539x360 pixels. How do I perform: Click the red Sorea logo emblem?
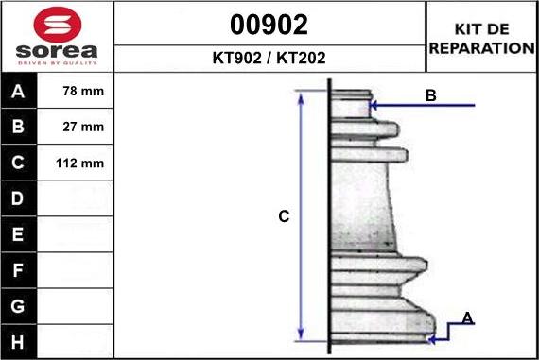point(58,25)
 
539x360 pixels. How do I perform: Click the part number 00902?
point(269,25)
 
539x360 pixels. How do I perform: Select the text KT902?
point(236,58)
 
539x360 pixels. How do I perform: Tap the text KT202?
point(301,58)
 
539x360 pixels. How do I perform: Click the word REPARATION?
point(482,48)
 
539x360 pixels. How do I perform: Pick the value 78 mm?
point(83,91)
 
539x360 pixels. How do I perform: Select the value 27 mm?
point(83,127)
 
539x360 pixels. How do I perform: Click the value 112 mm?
point(79,163)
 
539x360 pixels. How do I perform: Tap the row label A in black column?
point(18,92)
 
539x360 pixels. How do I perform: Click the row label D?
point(18,198)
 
